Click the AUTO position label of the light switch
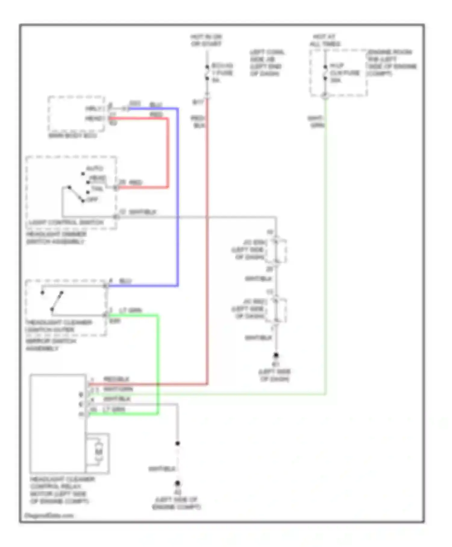coord(95,168)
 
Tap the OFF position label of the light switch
coord(92,199)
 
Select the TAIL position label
coord(97,188)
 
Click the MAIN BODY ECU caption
coord(73,136)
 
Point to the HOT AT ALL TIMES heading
coord(325,40)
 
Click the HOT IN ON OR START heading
coord(206,40)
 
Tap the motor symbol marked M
coord(99,452)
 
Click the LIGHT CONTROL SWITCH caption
coord(66,223)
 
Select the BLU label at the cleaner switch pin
coord(125,281)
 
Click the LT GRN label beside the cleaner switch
coord(130,310)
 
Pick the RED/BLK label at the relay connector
coord(116,379)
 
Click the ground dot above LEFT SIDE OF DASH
coord(276,355)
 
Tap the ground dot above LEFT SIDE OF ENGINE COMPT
coord(177,483)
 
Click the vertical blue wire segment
coord(177,196)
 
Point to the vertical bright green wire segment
coord(158,362)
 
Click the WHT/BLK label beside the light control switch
coord(142,212)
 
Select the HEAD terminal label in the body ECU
coord(95,119)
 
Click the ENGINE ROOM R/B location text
coord(389,52)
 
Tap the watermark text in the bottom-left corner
coord(49,515)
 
